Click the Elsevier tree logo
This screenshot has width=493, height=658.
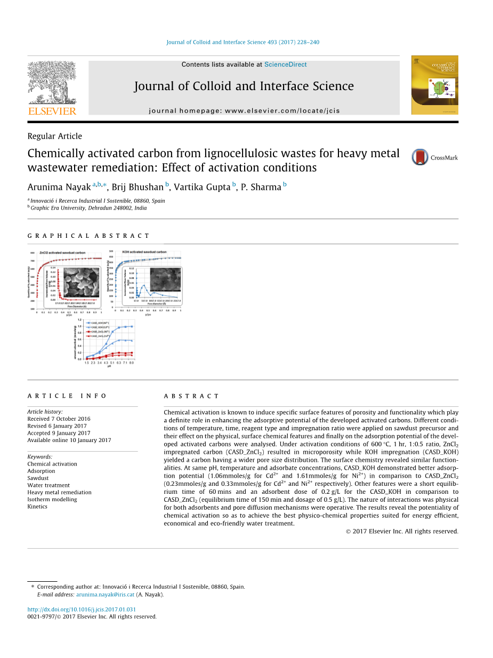(x=52, y=83)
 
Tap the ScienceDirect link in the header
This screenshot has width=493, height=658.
(x=285, y=65)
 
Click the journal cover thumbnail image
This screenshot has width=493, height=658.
(x=434, y=85)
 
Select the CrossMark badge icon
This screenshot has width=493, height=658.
(x=420, y=157)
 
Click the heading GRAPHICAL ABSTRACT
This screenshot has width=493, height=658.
(x=88, y=236)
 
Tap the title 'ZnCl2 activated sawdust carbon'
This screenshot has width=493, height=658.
(x=62, y=253)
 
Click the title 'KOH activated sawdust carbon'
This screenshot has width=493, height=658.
(x=144, y=252)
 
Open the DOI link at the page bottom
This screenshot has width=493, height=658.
(x=82, y=609)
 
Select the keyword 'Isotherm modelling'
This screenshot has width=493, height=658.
(x=52, y=500)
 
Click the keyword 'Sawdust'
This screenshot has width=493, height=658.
(x=38, y=478)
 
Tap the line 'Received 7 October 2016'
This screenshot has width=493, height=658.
(x=59, y=419)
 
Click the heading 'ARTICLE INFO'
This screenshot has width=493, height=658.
(x=67, y=396)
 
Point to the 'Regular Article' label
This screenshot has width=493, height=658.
(x=55, y=137)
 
